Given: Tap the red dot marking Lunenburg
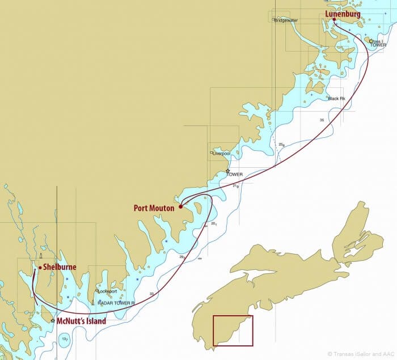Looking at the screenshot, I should pos(334,20).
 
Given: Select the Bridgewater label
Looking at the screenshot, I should pos(286,20).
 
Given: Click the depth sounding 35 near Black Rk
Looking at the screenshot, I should pos(322,120).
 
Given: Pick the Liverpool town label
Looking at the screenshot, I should pos(221,154).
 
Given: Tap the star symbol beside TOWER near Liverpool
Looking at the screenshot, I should pos(228,171).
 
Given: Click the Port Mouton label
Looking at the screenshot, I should pos(154,208).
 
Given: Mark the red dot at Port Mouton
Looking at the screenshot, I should pos(180,206).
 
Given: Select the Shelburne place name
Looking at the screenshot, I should pos(60,267).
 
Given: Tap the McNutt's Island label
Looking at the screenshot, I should pos(82,321).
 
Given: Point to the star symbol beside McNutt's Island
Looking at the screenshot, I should pos(53,321).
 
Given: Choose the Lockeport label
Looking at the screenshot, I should pos(107,291).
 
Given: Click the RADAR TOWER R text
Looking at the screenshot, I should pos(116,303).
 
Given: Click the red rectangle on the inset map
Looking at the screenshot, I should pos(233,331).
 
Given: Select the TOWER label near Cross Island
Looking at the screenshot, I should pos(378,45).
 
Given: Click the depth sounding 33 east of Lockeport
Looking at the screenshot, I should pos(151,294).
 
